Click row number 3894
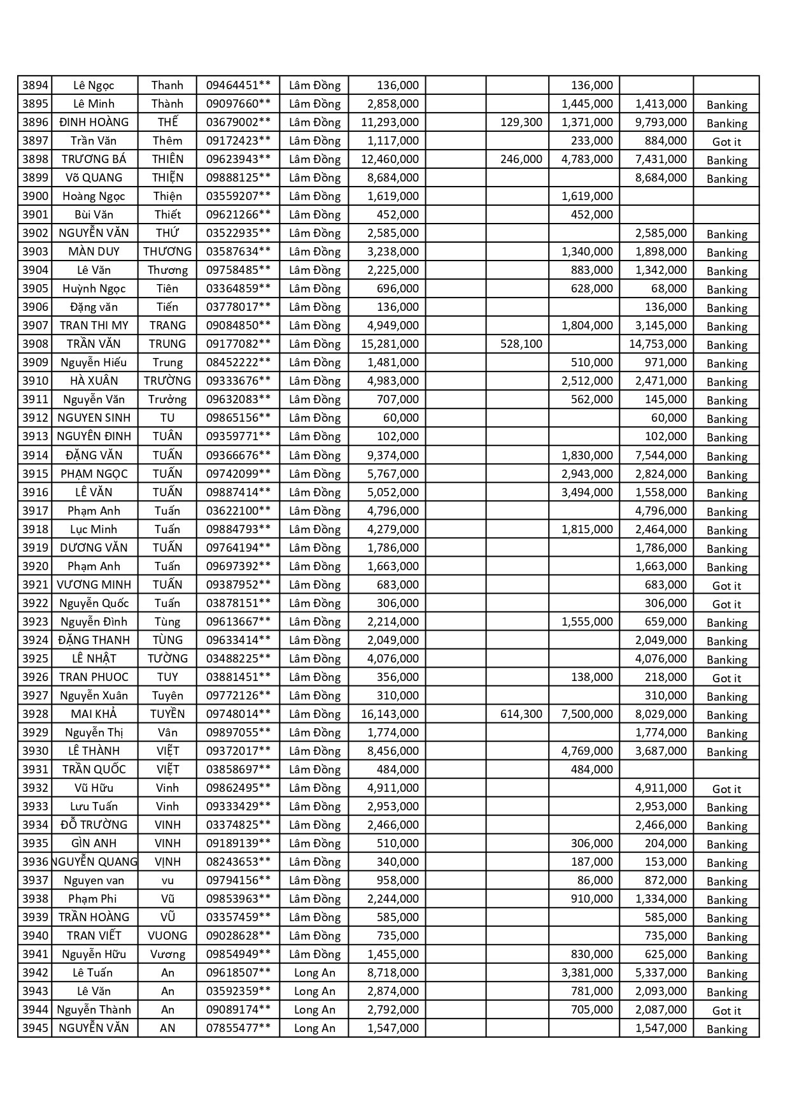coord(35,85)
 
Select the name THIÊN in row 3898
coord(167,159)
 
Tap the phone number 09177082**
coord(238,344)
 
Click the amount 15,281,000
coord(390,344)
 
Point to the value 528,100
coord(521,344)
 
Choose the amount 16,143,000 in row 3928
coord(390,714)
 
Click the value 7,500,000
coord(587,714)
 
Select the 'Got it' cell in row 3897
coord(726,142)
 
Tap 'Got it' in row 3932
coord(726,789)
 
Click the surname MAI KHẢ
coord(94,714)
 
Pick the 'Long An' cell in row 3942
coord(314,973)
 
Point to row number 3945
coord(35,1028)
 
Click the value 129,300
coord(521,122)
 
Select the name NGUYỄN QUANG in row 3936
coord(94,862)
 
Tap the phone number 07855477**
coord(238,1028)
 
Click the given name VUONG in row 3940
coord(167,936)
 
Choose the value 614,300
coord(521,714)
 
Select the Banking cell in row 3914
coord(726,457)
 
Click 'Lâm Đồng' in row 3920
coord(314,566)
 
